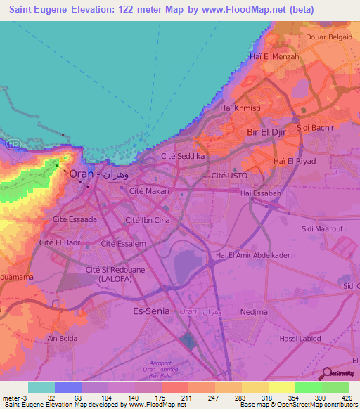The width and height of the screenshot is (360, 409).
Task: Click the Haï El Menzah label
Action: point(274,56)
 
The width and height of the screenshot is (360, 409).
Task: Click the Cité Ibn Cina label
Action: point(148,220)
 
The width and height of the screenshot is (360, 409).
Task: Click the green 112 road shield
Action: point(14,143)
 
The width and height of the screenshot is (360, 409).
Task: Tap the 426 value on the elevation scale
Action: point(347,397)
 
